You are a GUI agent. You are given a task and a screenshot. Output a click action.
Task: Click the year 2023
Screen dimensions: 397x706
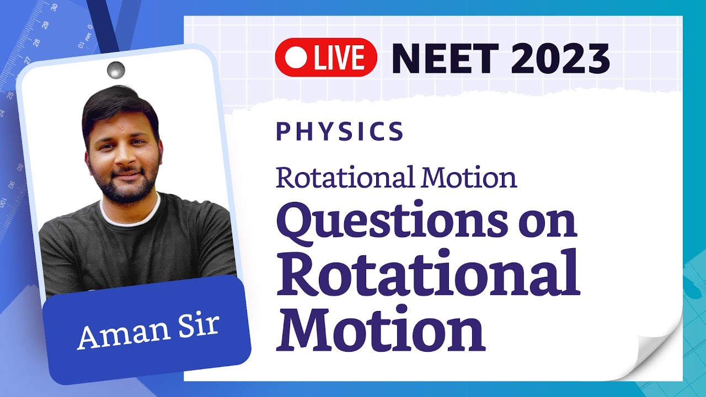tap(559, 57)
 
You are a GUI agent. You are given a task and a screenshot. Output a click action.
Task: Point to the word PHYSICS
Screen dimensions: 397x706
tap(340, 131)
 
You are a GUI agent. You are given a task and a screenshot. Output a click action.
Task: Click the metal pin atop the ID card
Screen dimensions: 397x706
tap(116, 70)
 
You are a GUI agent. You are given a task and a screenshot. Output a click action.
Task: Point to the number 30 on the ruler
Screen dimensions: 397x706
tap(54, 7)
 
